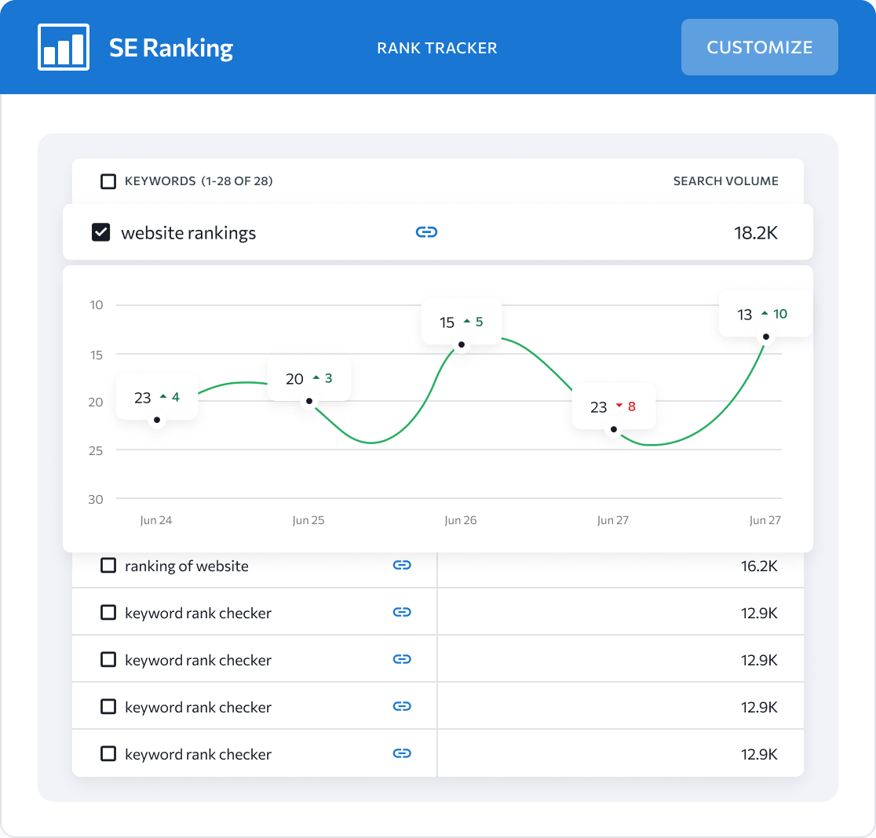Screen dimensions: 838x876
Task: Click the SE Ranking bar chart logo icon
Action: click(x=64, y=47)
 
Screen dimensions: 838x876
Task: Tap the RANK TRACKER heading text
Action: click(x=437, y=48)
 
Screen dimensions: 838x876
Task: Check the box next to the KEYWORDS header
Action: click(x=108, y=181)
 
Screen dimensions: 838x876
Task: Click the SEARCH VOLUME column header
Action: click(x=725, y=181)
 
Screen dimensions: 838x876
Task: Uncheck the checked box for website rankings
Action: click(x=101, y=232)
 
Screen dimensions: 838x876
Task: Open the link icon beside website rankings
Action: click(x=426, y=232)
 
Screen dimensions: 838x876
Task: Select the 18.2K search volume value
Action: click(x=756, y=233)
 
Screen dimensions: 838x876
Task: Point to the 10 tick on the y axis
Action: click(x=97, y=305)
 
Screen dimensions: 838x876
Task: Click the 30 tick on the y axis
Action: click(x=96, y=499)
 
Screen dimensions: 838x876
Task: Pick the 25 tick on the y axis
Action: click(x=96, y=450)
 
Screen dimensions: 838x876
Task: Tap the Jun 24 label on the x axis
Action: click(x=156, y=520)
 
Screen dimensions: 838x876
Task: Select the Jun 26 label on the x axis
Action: click(x=460, y=520)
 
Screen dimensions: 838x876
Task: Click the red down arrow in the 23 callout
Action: click(x=619, y=406)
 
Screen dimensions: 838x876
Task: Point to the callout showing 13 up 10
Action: click(x=766, y=315)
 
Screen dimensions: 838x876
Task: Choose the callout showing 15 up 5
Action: click(x=462, y=322)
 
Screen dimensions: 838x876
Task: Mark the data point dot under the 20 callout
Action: click(x=309, y=402)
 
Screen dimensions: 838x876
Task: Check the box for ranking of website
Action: click(x=108, y=566)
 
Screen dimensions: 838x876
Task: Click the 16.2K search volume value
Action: click(x=759, y=566)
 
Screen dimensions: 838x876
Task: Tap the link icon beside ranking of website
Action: click(x=402, y=565)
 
